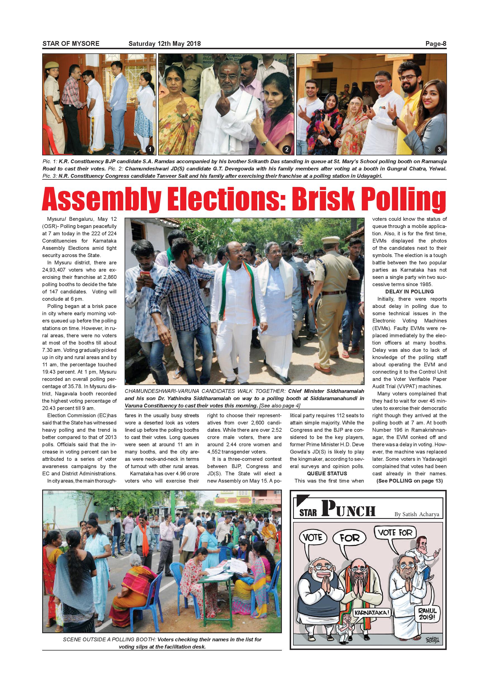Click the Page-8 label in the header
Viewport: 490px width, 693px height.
click(436, 44)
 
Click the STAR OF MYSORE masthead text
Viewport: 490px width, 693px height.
click(71, 44)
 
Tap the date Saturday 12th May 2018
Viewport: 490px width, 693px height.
click(165, 44)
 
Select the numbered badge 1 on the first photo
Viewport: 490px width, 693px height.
click(150, 149)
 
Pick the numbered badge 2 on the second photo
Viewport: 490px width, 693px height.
click(287, 149)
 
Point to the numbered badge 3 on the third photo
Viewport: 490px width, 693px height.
click(439, 149)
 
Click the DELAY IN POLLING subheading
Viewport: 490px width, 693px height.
click(410, 291)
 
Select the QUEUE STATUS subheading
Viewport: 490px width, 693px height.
click(327, 474)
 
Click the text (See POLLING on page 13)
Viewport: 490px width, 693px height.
click(410, 481)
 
